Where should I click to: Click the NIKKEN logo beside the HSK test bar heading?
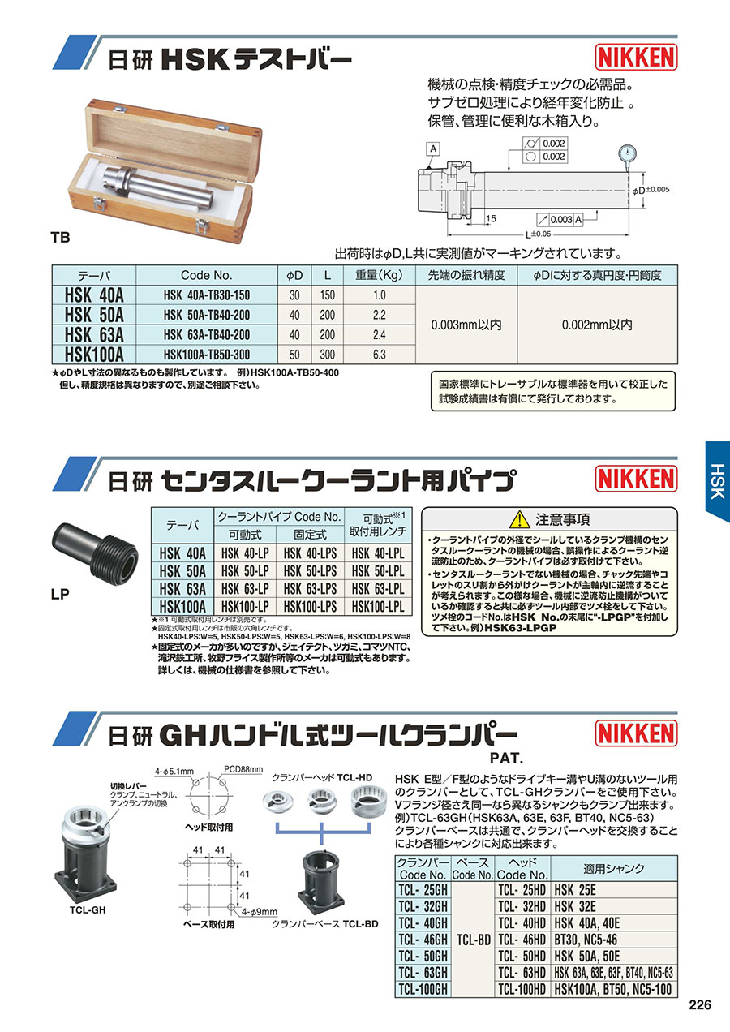[x=636, y=57]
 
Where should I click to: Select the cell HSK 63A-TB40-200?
[x=206, y=335]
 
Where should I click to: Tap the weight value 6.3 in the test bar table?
[x=379, y=355]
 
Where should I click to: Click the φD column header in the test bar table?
[x=294, y=276]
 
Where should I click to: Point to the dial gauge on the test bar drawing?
[x=629, y=154]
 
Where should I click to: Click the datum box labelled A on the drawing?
[x=433, y=148]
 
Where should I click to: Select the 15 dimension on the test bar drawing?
[x=491, y=218]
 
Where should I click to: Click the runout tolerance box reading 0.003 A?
[x=560, y=220]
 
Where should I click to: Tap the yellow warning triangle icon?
[x=520, y=519]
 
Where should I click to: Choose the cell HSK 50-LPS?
[x=310, y=571]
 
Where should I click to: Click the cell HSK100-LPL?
[x=378, y=607]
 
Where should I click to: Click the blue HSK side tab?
[x=718, y=481]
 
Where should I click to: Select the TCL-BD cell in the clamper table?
[x=474, y=940]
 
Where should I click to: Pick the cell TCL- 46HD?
[x=522, y=940]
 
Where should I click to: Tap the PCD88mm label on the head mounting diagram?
[x=243, y=769]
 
